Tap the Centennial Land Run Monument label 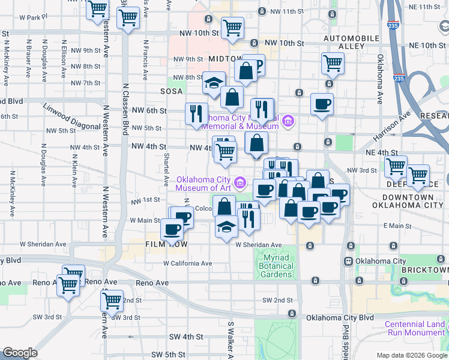click(x=415, y=328)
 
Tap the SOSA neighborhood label click(x=171, y=91)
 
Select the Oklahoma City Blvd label click(x=340, y=317)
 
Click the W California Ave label click(x=188, y=263)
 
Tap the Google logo click(x=20, y=353)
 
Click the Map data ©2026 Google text click(x=411, y=355)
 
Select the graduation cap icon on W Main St click(x=226, y=227)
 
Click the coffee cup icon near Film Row click(x=172, y=228)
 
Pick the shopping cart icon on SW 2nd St click(x=112, y=300)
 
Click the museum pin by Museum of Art click(x=240, y=181)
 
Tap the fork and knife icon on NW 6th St click(x=196, y=113)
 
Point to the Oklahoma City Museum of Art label click(x=203, y=184)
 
